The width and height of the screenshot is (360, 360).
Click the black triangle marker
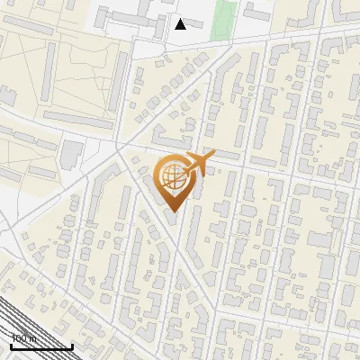[180, 24]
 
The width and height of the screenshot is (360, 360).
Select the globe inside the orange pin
[171, 176]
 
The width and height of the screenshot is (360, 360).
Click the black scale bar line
[41, 346]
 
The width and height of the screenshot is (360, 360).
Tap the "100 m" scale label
[22, 338]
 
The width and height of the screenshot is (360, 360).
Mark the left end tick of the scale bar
[11, 345]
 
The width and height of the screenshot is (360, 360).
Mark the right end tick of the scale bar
[72, 345]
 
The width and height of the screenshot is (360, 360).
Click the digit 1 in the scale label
[13, 338]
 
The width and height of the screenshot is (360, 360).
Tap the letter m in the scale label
[32, 338]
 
